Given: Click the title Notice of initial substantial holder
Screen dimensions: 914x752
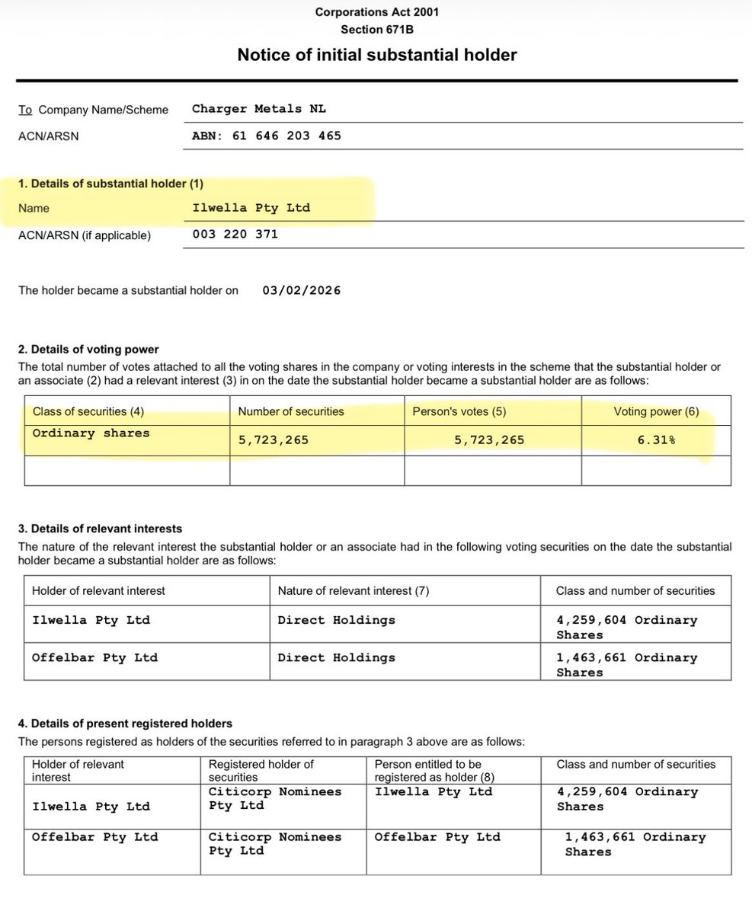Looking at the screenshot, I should point(377,55).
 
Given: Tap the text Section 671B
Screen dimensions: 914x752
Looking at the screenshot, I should point(377,30).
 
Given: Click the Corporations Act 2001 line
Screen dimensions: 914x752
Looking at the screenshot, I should point(377,11).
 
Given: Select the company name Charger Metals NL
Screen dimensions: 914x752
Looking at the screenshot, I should point(259,109).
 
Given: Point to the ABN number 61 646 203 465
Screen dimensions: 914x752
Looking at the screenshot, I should point(267,136).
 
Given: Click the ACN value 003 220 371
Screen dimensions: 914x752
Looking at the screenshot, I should point(235,235).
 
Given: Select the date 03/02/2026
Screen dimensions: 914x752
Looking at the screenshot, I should point(302,290).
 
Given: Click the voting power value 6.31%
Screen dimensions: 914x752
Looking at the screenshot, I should point(656,439).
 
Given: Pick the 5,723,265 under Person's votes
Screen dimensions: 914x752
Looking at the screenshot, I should point(489,439).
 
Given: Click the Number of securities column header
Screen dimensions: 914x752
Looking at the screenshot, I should point(291,411).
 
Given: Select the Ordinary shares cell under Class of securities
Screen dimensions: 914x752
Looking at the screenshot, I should point(91,433).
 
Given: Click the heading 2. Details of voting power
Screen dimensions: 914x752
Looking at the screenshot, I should point(88,350).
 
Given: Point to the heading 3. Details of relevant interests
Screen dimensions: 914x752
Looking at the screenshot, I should point(100,529).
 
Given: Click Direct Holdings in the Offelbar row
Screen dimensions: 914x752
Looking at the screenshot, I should point(337,657).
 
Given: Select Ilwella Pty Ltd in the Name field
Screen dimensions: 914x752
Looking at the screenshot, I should point(252,207).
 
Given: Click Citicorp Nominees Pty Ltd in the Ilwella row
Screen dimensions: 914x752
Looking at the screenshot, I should point(274,798).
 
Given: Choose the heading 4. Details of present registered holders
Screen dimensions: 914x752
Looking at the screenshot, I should point(126,723).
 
